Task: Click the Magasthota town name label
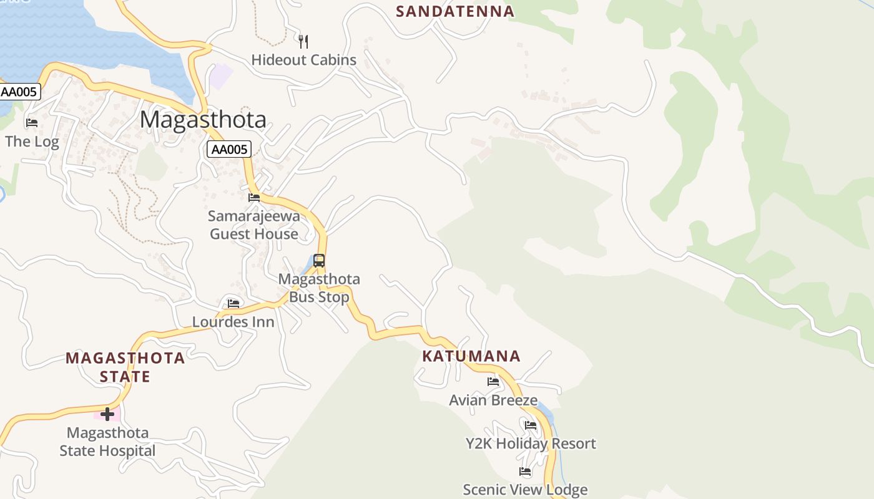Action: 203,119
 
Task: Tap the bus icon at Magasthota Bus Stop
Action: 319,261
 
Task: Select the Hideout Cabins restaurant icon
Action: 303,42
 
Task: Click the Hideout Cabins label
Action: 303,60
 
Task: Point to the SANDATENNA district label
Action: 455,11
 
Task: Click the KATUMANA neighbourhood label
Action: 471,356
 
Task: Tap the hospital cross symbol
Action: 107,414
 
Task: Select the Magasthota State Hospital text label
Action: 107,442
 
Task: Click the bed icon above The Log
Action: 32,122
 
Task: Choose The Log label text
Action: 32,142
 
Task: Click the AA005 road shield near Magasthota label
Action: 229,149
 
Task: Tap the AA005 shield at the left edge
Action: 19,92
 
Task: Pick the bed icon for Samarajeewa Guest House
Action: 254,198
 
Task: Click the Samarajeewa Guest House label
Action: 254,225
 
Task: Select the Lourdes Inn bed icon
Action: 233,304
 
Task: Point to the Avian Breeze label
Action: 493,400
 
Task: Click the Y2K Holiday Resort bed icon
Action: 531,425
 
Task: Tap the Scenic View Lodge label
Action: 525,490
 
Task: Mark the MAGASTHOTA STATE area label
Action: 125,367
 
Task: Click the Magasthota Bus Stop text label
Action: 319,288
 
